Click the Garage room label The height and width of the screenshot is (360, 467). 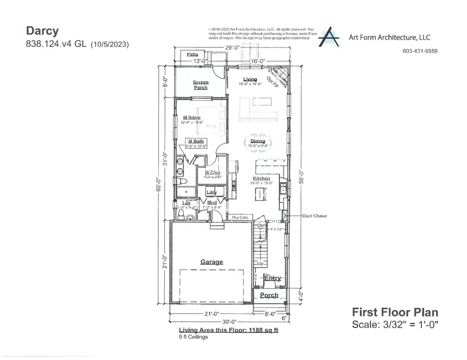[212, 262]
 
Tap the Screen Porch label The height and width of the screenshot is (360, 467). [201, 85]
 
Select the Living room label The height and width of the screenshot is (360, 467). [250, 79]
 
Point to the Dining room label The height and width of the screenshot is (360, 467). [258, 141]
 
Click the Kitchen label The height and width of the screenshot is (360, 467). [261, 178]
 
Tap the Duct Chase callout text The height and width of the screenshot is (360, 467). [314, 216]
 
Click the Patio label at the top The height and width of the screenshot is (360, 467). [192, 54]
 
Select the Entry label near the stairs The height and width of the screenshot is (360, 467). [273, 278]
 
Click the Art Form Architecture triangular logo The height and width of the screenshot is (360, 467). [328, 37]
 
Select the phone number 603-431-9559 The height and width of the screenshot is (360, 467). [420, 51]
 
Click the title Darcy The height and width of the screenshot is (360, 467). [42, 31]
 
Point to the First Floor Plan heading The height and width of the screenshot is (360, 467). [395, 312]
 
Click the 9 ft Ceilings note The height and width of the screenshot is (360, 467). [193, 337]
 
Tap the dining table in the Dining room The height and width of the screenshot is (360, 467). [258, 142]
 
